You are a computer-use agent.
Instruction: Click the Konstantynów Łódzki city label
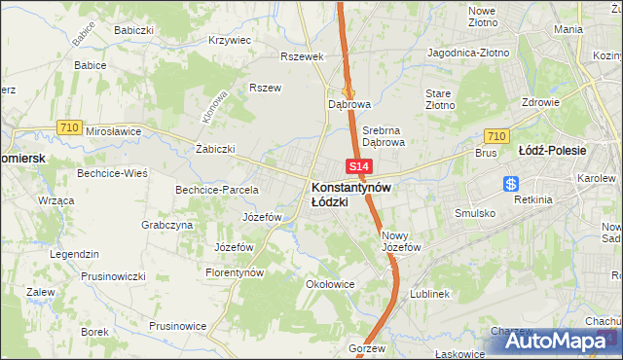click(351, 194)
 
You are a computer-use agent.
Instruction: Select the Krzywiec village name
click(230, 41)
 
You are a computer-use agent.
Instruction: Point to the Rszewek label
click(301, 56)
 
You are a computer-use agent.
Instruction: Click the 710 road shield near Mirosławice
click(68, 126)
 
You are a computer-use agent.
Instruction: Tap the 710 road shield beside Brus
click(495, 137)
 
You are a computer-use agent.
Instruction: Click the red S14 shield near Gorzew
click(357, 332)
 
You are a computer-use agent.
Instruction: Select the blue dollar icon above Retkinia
click(511, 184)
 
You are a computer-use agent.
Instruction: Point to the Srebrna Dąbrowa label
click(384, 135)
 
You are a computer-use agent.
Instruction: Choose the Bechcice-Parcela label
click(216, 189)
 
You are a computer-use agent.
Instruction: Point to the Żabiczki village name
click(215, 149)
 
